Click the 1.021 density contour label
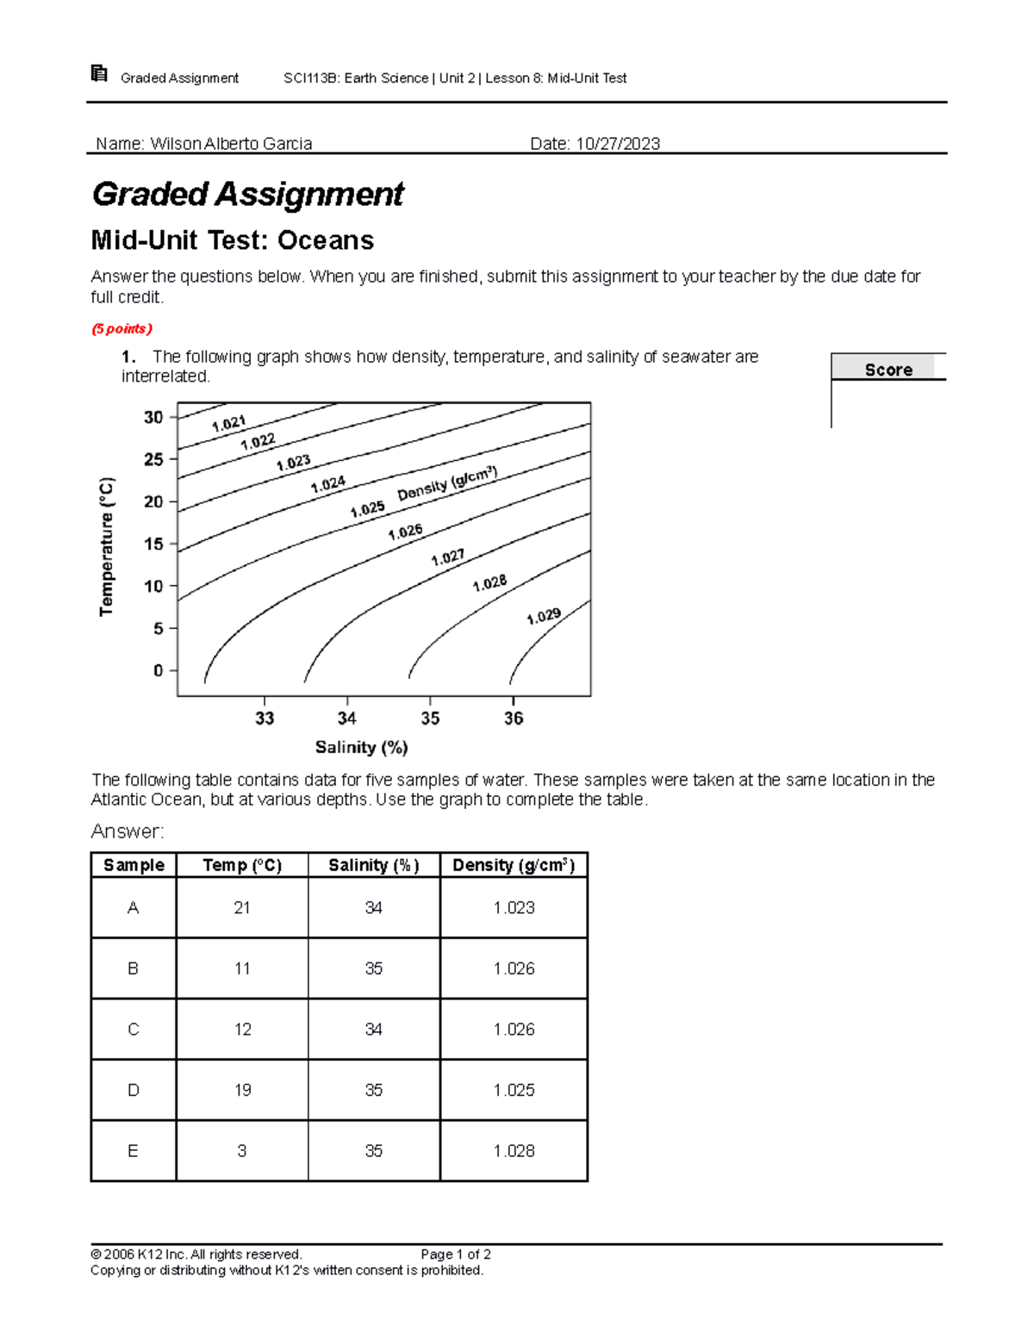pyautogui.click(x=228, y=423)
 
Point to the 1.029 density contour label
pyautogui.click(x=544, y=616)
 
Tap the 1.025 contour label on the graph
pyautogui.click(x=367, y=509)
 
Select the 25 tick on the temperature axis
pyautogui.click(x=153, y=459)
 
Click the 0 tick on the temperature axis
pyautogui.click(x=159, y=670)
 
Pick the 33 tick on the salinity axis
pyautogui.click(x=265, y=718)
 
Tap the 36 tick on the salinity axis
pyautogui.click(x=514, y=718)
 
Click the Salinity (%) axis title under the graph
pyautogui.click(x=361, y=747)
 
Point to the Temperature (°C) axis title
pyautogui.click(x=106, y=546)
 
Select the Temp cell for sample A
pyautogui.click(x=242, y=907)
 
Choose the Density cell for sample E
pyautogui.click(x=514, y=1150)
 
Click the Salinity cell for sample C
pyautogui.click(x=373, y=1029)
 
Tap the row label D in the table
pyautogui.click(x=133, y=1090)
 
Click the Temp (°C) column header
pyautogui.click(x=242, y=865)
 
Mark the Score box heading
pyautogui.click(x=888, y=370)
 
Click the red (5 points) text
pyautogui.click(x=122, y=328)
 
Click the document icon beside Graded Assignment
pyautogui.click(x=99, y=74)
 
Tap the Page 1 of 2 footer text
pyautogui.click(x=456, y=1254)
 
